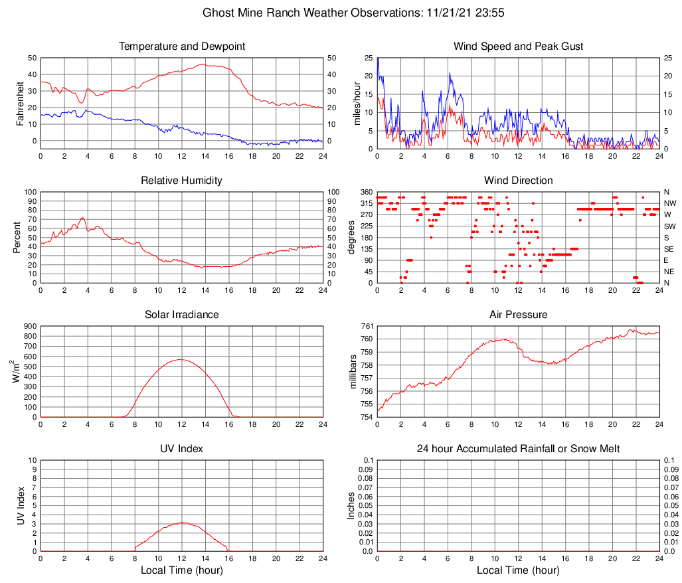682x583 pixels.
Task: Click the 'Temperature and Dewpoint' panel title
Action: [x=182, y=46]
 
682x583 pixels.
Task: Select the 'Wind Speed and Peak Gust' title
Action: [x=518, y=46]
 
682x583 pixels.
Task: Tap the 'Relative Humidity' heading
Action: [x=182, y=181]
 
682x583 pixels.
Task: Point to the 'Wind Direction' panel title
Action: [x=518, y=181]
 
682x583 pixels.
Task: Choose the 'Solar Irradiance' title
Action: [x=182, y=315]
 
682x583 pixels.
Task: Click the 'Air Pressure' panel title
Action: [x=518, y=315]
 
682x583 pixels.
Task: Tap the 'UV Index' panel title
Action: [x=182, y=449]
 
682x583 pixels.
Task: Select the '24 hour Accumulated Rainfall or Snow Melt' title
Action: [x=518, y=449]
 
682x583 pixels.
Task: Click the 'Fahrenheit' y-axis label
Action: [x=19, y=103]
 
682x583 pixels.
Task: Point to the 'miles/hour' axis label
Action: [x=356, y=103]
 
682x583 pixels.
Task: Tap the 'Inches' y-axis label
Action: [x=351, y=505]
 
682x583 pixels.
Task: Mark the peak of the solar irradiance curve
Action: [x=181, y=359]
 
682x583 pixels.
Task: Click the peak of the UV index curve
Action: [x=182, y=523]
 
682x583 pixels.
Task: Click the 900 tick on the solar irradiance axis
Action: [x=29, y=326]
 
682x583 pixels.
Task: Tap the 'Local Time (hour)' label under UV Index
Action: [x=182, y=571]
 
